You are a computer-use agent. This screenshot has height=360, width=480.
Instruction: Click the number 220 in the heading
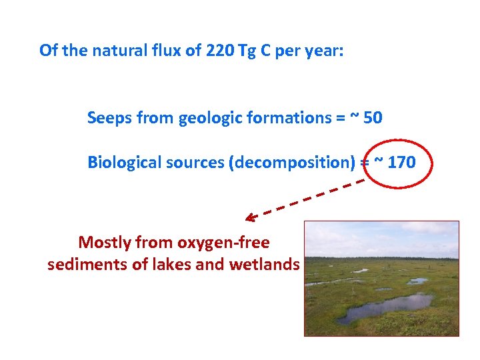(x=219, y=51)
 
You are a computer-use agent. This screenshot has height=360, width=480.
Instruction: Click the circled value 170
(x=401, y=162)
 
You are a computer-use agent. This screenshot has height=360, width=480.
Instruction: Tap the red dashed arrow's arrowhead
(x=249, y=217)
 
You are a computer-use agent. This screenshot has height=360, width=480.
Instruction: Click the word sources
(x=194, y=162)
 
